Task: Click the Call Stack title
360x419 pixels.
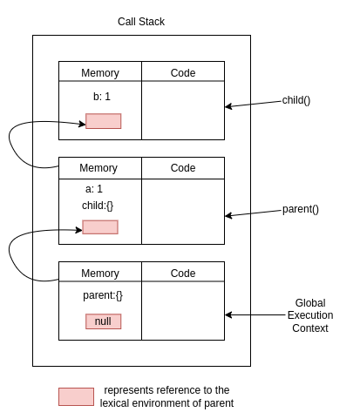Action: click(140, 21)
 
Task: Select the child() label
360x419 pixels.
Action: click(296, 100)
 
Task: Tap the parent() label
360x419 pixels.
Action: click(300, 209)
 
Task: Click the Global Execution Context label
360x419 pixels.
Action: click(309, 315)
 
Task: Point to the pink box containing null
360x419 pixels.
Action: click(103, 321)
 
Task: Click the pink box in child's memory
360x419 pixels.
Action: click(103, 121)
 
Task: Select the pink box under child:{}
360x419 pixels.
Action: click(99, 227)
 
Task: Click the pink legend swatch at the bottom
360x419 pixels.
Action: click(76, 396)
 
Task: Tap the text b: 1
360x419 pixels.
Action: click(102, 97)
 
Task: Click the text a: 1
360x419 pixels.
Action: click(94, 189)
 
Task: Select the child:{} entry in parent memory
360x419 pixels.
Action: click(98, 206)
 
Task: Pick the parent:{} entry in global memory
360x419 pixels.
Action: click(103, 295)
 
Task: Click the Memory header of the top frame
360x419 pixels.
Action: click(99, 73)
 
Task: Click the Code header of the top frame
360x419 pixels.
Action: click(183, 73)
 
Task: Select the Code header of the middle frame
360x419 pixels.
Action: click(183, 168)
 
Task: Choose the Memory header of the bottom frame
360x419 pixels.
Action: click(99, 274)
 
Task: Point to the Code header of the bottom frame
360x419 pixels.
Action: click(183, 274)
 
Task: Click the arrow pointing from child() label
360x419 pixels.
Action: click(253, 104)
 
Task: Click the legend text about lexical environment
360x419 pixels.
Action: click(166, 396)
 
